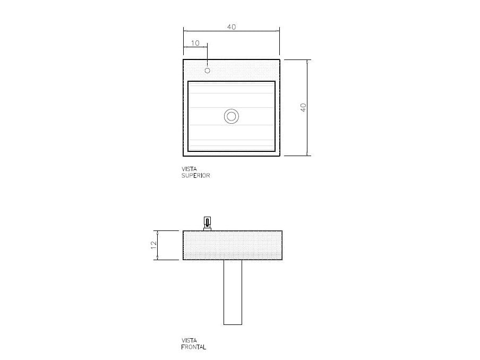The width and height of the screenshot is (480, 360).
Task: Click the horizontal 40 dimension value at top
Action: [232, 27]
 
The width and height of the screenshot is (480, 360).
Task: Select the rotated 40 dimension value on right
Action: [303, 107]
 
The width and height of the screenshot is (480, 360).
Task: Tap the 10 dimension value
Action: [195, 43]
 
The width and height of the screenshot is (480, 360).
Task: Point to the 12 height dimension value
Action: [153, 245]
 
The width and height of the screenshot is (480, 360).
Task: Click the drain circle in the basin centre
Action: [232, 116]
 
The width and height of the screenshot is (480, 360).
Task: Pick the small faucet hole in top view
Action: [207, 70]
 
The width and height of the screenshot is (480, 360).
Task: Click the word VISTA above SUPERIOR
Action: [189, 169]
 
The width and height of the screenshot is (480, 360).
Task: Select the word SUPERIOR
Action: [196, 176]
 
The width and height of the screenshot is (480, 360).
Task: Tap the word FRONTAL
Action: [194, 347]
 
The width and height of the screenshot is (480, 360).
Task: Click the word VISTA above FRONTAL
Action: [189, 341]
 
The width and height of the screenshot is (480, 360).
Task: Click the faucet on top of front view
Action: [207, 224]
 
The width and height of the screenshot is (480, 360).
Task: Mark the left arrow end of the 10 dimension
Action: [184, 48]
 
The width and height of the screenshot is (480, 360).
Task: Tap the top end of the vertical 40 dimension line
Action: [308, 59]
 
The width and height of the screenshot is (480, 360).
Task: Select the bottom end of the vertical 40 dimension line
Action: [308, 156]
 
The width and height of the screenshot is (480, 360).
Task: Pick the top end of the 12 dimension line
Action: [158, 231]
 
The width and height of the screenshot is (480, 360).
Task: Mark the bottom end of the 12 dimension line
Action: [158, 260]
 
